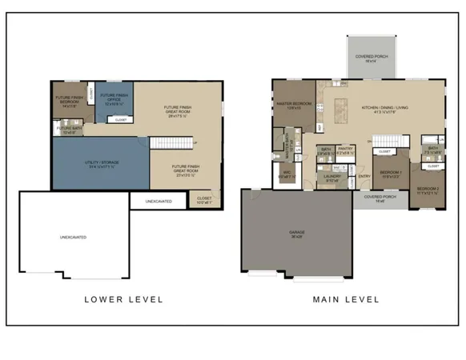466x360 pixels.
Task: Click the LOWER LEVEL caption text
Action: pyautogui.click(x=123, y=299)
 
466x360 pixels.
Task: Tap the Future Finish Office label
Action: pyautogui.click(x=114, y=98)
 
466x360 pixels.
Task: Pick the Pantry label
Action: pyautogui.click(x=345, y=150)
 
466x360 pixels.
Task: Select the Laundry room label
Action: pyautogui.click(x=330, y=179)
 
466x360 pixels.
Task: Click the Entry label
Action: pyautogui.click(x=364, y=177)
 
